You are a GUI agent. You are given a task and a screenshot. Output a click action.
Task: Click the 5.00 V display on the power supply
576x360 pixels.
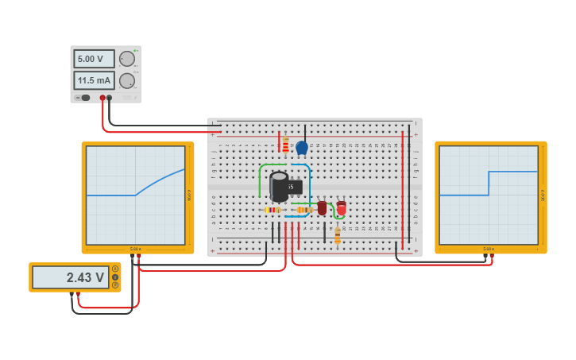click(x=94, y=59)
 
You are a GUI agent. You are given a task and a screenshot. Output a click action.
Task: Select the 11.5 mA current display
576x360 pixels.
click(x=94, y=80)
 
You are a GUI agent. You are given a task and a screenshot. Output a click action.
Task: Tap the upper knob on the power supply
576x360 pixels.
click(x=127, y=59)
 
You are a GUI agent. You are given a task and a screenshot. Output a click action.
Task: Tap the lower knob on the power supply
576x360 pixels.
click(x=127, y=80)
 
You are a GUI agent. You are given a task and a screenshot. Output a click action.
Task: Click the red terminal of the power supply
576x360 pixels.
click(x=102, y=98)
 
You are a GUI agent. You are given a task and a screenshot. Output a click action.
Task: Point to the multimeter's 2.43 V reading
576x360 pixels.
click(x=71, y=277)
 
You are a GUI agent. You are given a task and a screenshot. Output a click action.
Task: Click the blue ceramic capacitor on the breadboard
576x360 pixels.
click(x=301, y=147)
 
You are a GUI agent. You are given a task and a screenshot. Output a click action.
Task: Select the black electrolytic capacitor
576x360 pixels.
click(x=278, y=187)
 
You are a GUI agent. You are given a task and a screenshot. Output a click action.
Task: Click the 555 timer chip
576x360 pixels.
click(x=293, y=187)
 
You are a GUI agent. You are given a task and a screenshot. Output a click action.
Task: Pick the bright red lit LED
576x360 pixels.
click(x=341, y=208)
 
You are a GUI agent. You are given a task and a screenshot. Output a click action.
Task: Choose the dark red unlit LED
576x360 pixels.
click(x=322, y=207)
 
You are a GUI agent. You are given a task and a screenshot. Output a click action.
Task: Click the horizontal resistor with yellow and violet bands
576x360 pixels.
click(x=273, y=210)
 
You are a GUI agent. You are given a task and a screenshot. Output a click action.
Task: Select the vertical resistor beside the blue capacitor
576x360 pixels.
click(x=285, y=145)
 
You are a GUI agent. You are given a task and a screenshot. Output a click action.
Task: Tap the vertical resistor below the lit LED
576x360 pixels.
click(x=337, y=234)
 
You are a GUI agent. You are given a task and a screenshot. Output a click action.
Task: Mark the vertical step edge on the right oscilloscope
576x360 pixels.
click(x=489, y=183)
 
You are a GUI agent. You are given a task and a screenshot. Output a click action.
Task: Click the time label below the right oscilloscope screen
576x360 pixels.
click(x=488, y=249)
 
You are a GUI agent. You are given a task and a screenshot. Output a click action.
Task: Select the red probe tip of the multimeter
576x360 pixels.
click(x=77, y=295)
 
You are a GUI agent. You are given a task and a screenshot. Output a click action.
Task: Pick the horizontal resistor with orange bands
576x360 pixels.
click(x=303, y=210)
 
